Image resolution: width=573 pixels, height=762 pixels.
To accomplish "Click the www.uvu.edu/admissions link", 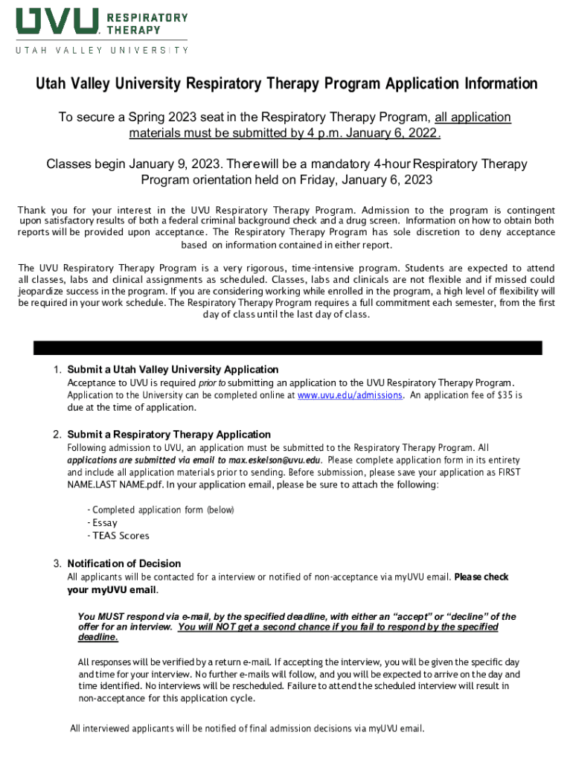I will (350, 395).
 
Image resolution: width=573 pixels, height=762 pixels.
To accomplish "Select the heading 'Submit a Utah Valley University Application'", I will (173, 370).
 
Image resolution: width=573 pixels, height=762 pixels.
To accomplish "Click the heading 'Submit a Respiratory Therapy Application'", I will (169, 435).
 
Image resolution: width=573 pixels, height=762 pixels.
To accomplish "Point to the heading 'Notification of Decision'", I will (124, 563).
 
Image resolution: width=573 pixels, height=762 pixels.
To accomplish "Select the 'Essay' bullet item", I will (105, 523).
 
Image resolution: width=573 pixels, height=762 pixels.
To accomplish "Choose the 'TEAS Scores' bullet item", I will (121, 536).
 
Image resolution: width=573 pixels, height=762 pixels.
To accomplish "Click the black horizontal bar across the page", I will (288, 348).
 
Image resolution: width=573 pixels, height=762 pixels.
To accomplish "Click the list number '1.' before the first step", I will (57, 370).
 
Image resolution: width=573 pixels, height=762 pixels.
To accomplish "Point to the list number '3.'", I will (57, 563).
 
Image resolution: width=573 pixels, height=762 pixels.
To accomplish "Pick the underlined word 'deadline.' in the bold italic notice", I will (98, 638).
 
